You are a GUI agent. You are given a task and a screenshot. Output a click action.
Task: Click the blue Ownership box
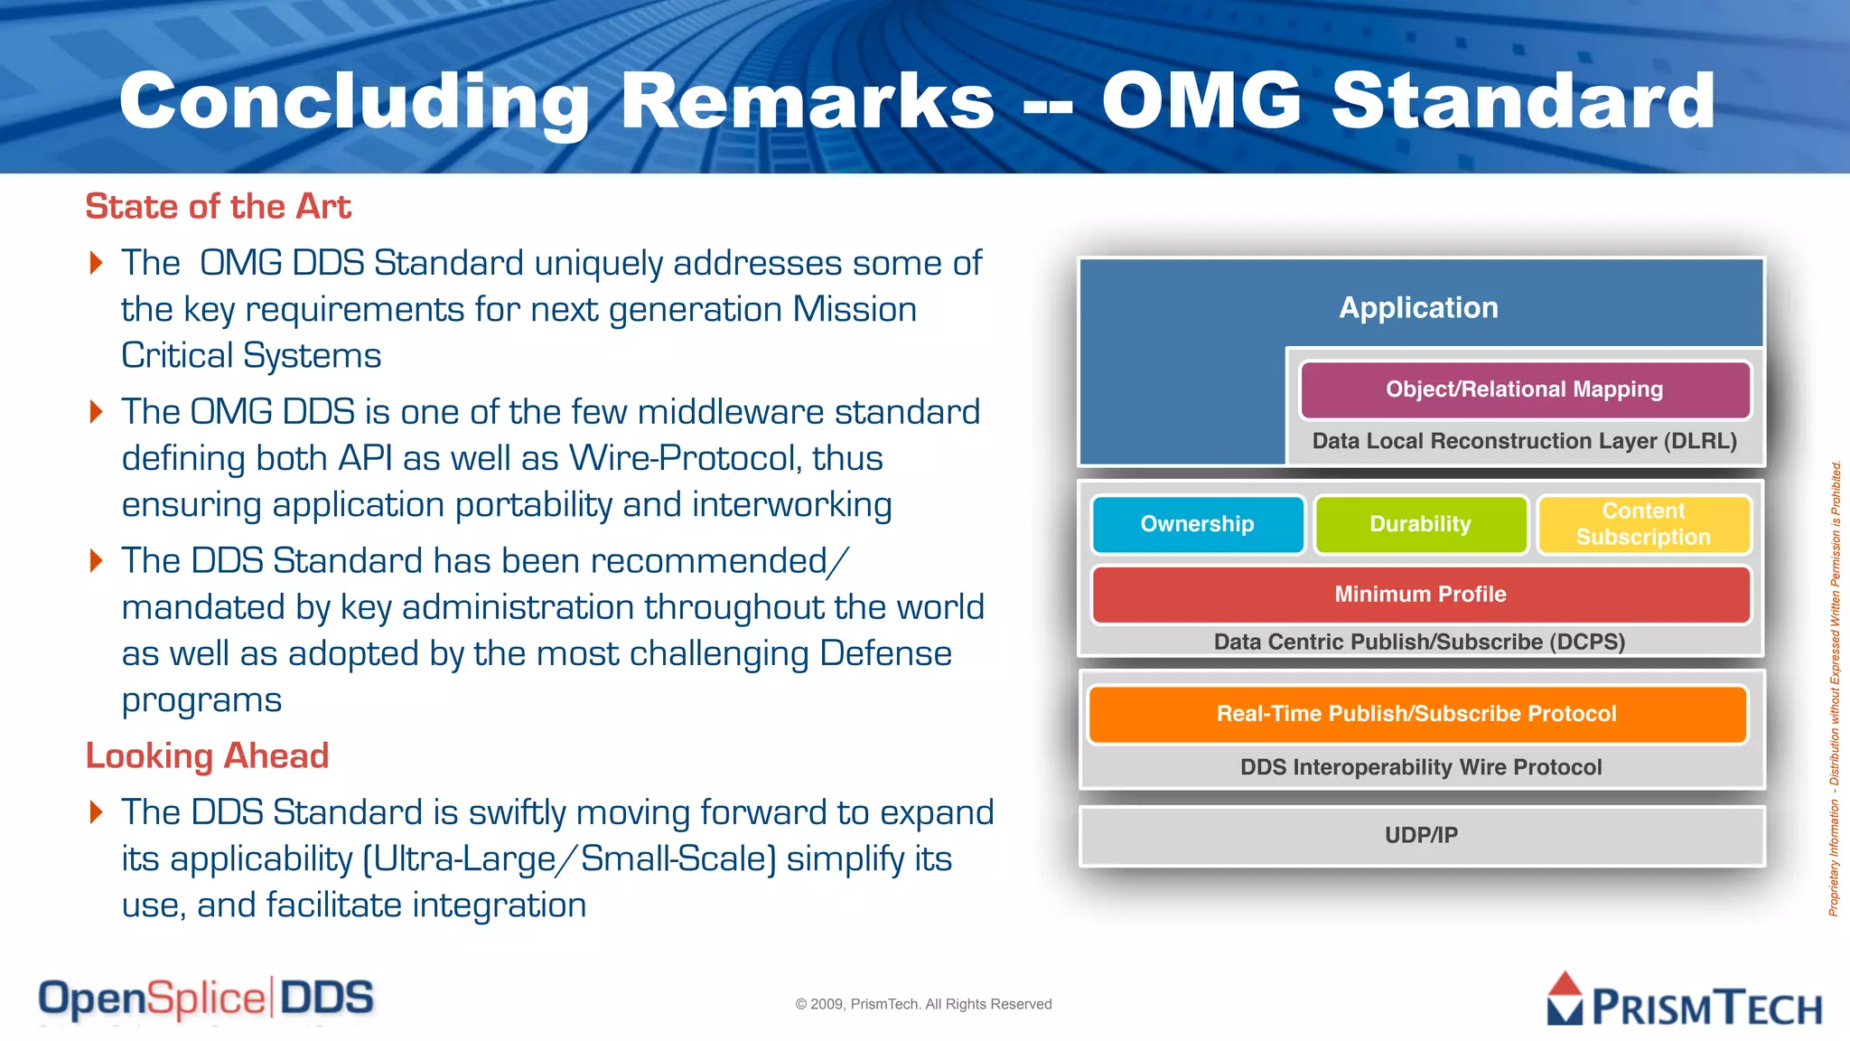1198,524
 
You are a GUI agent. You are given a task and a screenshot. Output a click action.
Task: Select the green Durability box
1420,524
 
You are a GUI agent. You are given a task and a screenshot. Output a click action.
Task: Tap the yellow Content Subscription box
1643,524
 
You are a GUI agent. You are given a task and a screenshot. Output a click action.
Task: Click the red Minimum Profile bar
1420,595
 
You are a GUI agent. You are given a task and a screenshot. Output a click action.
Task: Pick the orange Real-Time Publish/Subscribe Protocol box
1416,714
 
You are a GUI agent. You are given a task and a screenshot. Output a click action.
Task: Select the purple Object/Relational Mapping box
1524,389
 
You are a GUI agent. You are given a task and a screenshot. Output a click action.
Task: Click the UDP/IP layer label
1421,835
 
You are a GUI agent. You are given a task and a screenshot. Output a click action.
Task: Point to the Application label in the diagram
1418,308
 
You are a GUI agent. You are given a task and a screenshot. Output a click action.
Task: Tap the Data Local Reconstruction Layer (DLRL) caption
1524,441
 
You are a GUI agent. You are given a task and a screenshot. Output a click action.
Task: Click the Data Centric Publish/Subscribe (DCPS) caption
1419,642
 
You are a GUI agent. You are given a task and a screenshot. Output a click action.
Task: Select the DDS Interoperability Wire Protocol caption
1420,767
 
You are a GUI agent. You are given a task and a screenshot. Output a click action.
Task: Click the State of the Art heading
218,207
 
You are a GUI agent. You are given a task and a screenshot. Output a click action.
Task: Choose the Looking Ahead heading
207,755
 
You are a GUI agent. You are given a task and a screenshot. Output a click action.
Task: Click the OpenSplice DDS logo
206,999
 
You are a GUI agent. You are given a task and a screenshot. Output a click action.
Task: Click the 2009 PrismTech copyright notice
923,1004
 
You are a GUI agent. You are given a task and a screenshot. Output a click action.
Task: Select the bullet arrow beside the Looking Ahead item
97,811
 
